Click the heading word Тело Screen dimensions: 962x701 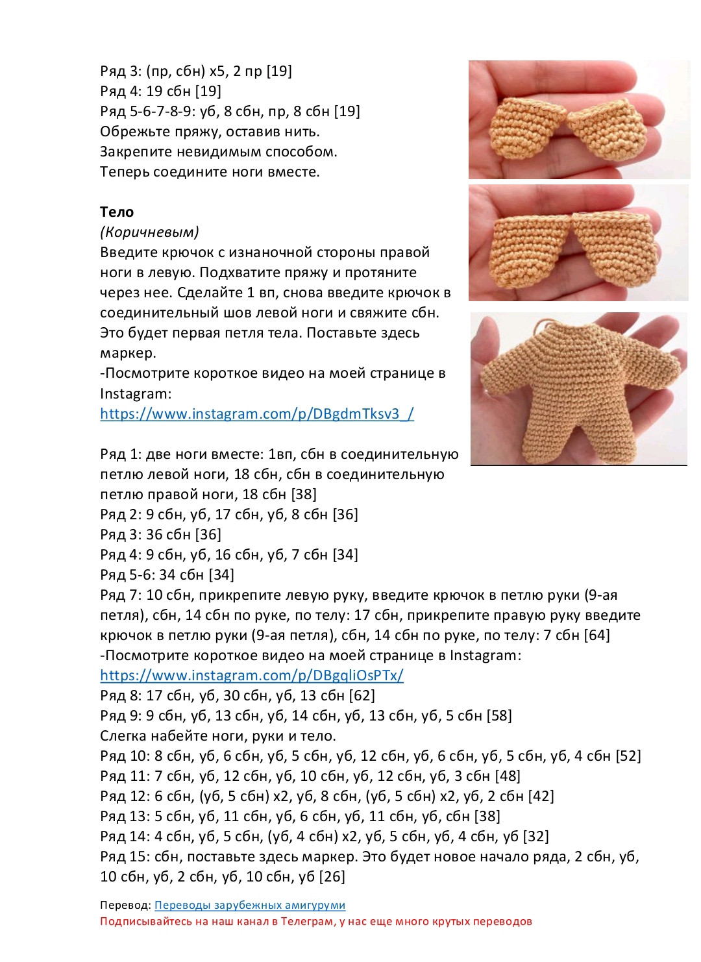pyautogui.click(x=117, y=212)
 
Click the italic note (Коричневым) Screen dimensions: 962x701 pyautogui.click(x=149, y=232)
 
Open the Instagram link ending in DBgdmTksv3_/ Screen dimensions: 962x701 pyautogui.click(x=257, y=413)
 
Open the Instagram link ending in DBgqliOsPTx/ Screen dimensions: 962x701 pyautogui.click(x=252, y=675)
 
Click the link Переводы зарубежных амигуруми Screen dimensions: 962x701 pyautogui.click(x=250, y=905)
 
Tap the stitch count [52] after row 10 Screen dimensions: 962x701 pyautogui.click(x=628, y=756)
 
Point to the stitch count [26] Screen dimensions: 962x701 pyautogui.click(x=332, y=876)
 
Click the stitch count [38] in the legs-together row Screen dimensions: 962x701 pyautogui.click(x=304, y=494)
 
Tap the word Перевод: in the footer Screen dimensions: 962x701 pyautogui.click(x=126, y=905)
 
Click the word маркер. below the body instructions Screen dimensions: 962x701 pyautogui.click(x=128, y=353)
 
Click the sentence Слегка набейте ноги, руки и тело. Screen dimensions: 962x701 pyautogui.click(x=218, y=735)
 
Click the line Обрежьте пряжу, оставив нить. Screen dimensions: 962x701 pyautogui.click(x=210, y=131)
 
